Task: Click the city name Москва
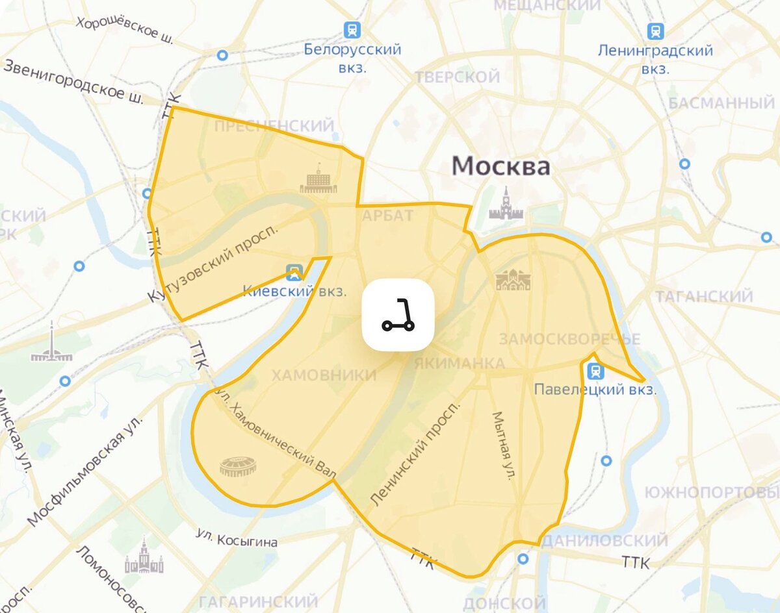500,166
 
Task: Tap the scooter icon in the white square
398,315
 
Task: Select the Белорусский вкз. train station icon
352,29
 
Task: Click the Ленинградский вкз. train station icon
655,31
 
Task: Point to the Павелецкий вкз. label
595,390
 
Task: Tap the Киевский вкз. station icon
294,271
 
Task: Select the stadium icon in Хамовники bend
238,466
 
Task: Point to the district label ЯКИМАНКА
459,363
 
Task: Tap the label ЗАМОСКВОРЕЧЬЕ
569,339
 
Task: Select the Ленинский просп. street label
415,453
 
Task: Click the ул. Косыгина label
237,538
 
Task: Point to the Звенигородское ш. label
73,79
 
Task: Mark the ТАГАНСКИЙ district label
704,297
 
